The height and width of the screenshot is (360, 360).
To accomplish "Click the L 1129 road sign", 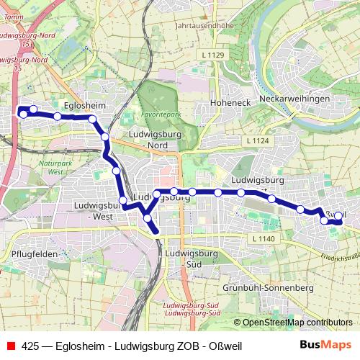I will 214,55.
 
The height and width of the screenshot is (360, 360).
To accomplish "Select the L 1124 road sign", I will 256,141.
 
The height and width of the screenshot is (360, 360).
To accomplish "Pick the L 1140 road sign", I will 264,238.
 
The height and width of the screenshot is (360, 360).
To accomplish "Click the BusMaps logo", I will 325,346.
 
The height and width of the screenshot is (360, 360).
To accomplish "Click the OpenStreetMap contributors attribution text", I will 297,323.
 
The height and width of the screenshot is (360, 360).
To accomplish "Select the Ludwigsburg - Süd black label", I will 192,258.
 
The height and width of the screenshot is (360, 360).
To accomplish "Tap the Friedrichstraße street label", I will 341,256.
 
